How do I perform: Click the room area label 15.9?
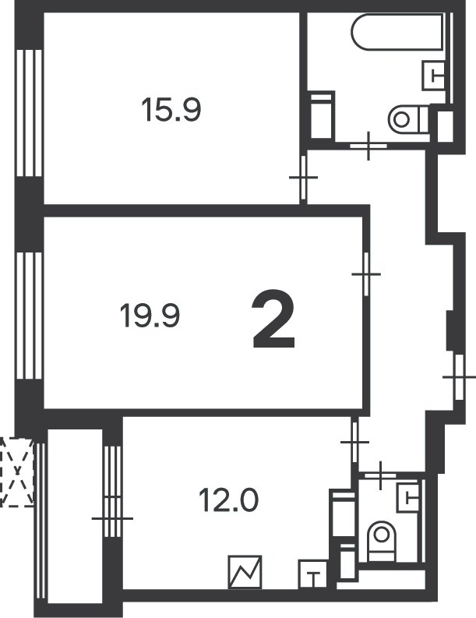coord(171,110)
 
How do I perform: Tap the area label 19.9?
coord(150,316)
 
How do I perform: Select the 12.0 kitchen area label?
coord(228,500)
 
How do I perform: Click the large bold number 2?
coord(274,320)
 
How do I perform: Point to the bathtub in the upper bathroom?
coord(398,32)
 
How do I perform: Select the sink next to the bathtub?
coord(434,76)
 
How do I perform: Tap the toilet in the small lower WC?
coord(381,541)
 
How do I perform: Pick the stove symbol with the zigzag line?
coord(245,572)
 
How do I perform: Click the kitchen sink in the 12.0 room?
coord(313,574)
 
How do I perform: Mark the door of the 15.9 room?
coord(303,178)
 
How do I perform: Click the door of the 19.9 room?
coord(366,274)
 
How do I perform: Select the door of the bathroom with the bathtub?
coord(368,146)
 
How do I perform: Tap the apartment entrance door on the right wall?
coord(459,377)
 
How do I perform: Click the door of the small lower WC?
coord(380,475)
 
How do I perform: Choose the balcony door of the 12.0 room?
coord(112,517)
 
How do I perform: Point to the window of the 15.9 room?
coord(30,113)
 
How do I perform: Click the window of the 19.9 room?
coord(30,316)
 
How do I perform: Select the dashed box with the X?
coord(17,471)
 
